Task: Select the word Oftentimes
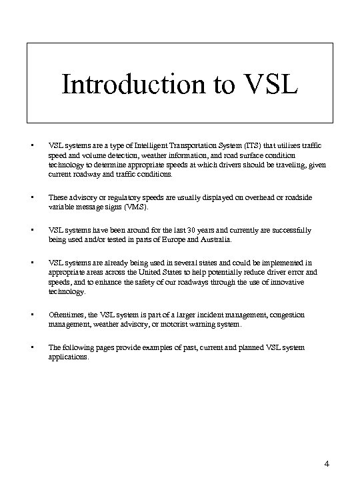(63, 315)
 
